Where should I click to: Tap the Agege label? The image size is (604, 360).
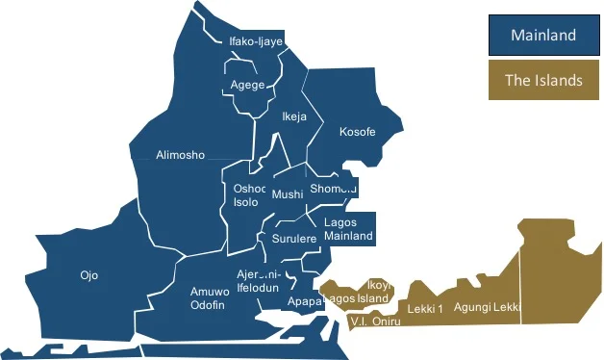tap(247, 85)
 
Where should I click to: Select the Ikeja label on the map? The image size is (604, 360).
tap(293, 116)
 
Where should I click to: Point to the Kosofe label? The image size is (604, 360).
tap(358, 132)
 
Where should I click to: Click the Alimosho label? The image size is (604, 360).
tap(180, 155)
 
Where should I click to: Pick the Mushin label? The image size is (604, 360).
tap(288, 194)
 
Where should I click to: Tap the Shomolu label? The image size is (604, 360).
tap(333, 189)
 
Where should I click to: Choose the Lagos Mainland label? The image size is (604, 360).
tap(347, 229)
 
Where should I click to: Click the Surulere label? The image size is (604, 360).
tap(294, 238)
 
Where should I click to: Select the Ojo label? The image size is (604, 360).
tap(88, 275)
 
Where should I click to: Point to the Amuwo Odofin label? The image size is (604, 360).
tap(208, 298)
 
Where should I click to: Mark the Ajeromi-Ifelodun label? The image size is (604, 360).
tap(258, 281)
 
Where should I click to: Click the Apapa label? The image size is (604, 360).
tap(305, 301)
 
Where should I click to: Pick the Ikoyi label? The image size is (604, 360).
tap(378, 285)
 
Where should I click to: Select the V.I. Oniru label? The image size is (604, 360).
tap(375, 321)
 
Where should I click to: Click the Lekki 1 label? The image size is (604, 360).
tap(425, 309)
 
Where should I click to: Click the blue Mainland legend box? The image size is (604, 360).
tap(542, 36)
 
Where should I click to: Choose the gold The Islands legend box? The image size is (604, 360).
tap(542, 80)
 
